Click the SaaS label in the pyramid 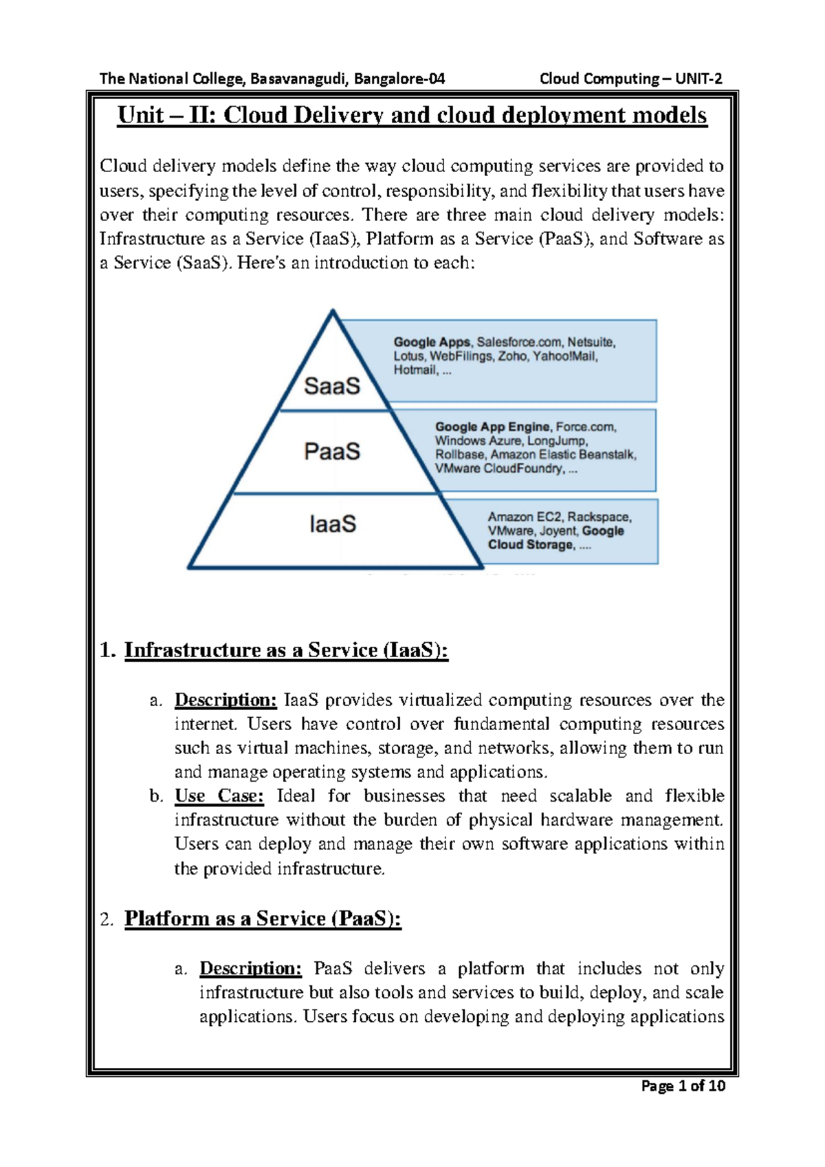[332, 386]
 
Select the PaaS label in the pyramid [332, 451]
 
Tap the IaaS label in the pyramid [333, 524]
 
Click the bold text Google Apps [431, 342]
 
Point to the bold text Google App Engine [492, 427]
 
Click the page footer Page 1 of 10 [683, 1086]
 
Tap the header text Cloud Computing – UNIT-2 [630, 78]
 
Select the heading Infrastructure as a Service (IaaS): [286, 650]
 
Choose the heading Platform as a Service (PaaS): [263, 919]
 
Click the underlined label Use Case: [219, 795]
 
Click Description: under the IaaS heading [225, 700]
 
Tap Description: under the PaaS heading [250, 968]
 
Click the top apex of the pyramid [333, 312]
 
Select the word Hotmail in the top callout [415, 370]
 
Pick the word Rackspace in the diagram [599, 517]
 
